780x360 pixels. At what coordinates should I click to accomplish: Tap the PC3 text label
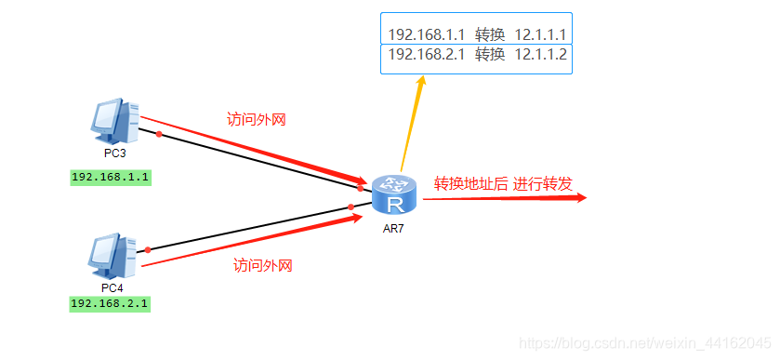(115, 152)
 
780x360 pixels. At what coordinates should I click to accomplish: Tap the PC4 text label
(112, 287)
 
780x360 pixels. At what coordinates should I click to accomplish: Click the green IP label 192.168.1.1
(111, 176)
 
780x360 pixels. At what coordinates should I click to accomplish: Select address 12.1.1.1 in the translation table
(540, 34)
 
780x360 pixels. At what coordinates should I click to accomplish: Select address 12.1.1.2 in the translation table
(540, 55)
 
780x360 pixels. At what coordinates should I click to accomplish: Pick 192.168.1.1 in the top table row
(426, 34)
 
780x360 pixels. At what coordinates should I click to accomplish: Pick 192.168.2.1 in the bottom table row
(426, 55)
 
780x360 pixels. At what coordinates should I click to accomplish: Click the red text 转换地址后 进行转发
(503, 183)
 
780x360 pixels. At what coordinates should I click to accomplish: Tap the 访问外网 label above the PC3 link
(257, 119)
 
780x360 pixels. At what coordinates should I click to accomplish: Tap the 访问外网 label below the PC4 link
(263, 266)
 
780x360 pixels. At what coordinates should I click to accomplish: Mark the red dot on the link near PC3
(160, 134)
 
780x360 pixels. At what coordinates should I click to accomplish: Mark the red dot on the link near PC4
(146, 249)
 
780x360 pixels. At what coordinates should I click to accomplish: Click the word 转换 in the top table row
(490, 34)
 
